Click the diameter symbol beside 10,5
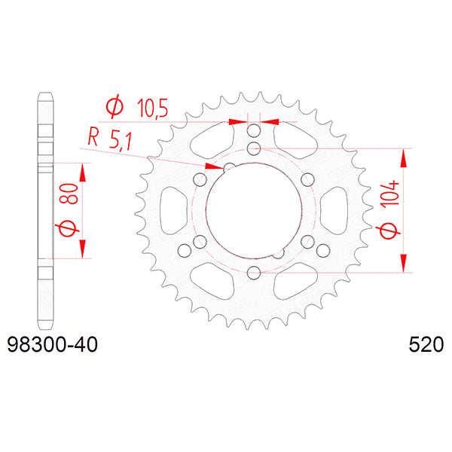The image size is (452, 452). coord(115,108)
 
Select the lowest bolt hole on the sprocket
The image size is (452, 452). coord(254,272)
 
